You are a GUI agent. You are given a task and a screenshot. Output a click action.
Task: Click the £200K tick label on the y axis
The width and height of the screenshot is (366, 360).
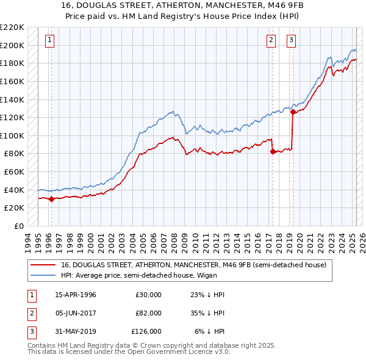pyautogui.click(x=12, y=45)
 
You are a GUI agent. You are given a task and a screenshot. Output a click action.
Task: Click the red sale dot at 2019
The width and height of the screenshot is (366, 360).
pyautogui.click(x=293, y=112)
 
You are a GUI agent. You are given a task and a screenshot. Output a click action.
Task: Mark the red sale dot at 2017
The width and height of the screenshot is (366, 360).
pyautogui.click(x=273, y=152)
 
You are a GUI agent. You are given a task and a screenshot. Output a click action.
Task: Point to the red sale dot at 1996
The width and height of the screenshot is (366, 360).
pyautogui.click(x=51, y=198)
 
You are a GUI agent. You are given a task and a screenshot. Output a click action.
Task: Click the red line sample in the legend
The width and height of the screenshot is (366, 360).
pyautogui.click(x=43, y=265)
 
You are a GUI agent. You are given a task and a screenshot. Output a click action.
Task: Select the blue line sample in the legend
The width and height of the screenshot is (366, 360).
pyautogui.click(x=43, y=275)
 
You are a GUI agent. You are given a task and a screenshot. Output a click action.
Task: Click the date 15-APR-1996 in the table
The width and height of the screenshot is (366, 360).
pyautogui.click(x=76, y=295)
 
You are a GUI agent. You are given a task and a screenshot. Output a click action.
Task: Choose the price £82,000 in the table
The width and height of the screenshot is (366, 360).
pyautogui.click(x=148, y=313)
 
